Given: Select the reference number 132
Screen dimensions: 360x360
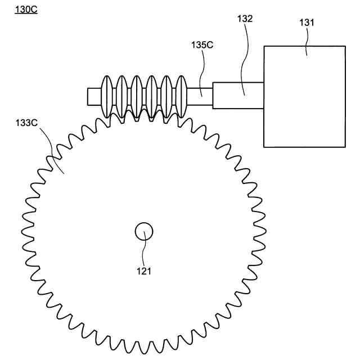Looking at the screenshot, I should click(x=245, y=19).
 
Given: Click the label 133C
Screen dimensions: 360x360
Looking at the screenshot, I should click(x=27, y=123).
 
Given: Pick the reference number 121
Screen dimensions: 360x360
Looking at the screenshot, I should click(x=144, y=271).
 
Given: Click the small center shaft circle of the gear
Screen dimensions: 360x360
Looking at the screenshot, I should click(x=144, y=231).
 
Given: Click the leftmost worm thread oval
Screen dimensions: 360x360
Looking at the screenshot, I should click(x=108, y=95).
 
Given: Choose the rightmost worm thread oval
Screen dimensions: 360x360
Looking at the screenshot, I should click(x=182, y=95).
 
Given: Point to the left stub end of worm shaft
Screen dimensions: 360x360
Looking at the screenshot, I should click(x=93, y=95).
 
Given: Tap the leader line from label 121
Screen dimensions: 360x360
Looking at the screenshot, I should click(x=145, y=251).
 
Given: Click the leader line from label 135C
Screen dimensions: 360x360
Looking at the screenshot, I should click(x=204, y=70).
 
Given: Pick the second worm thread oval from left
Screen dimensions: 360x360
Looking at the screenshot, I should click(x=123, y=95).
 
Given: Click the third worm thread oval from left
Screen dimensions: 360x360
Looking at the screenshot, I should click(x=137, y=95).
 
